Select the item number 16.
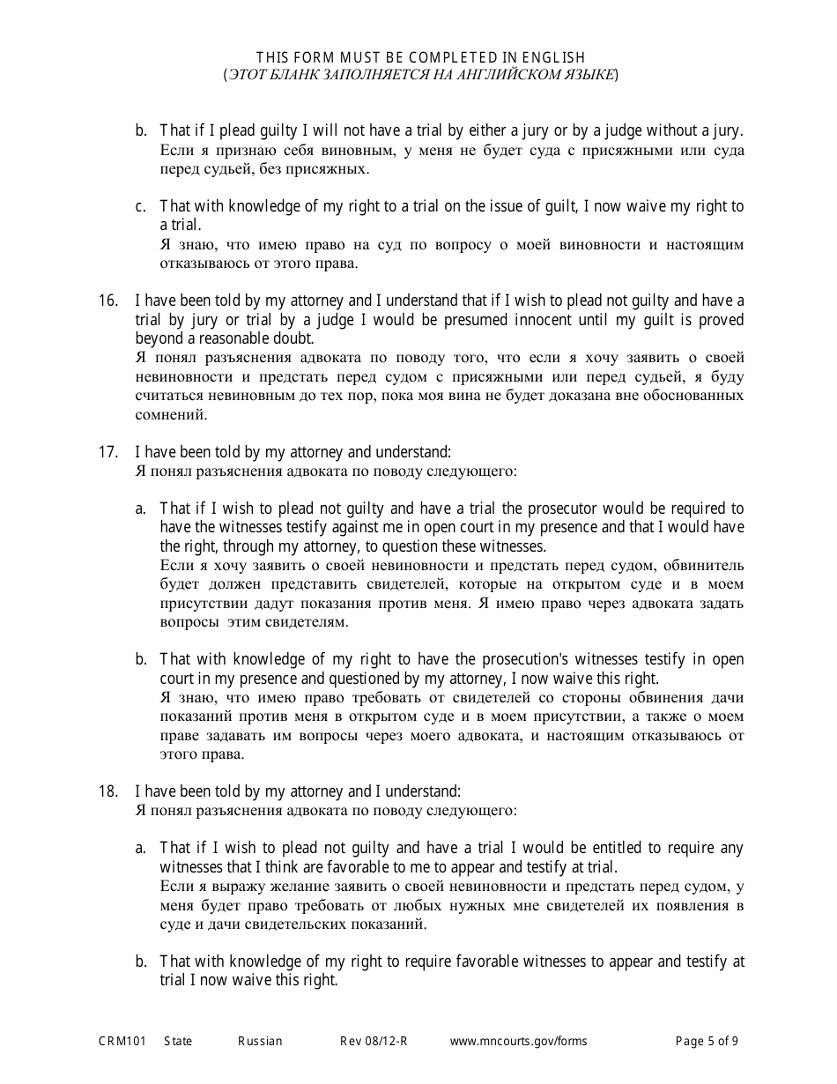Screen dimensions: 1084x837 click(107, 301)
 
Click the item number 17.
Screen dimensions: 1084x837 click(107, 452)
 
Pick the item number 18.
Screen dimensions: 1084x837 click(107, 791)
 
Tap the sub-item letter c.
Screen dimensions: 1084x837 click(140, 206)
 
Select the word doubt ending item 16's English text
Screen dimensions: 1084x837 click(295, 338)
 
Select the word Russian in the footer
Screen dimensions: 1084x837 click(260, 1041)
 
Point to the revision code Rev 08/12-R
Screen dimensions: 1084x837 click(374, 1041)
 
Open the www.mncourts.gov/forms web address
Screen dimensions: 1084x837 click(518, 1041)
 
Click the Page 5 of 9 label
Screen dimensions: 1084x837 click(707, 1041)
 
